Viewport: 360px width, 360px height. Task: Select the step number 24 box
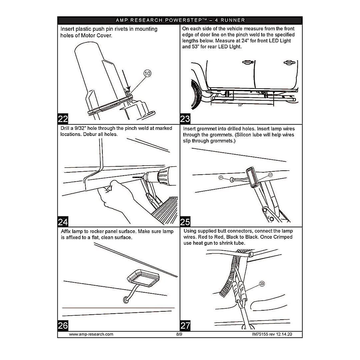(x=63, y=222)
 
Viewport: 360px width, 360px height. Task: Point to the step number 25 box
(x=185, y=222)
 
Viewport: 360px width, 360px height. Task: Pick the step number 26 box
(x=63, y=326)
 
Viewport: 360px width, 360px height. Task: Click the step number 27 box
(x=185, y=326)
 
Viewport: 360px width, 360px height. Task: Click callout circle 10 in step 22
(x=148, y=74)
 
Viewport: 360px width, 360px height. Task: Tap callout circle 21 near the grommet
(x=221, y=178)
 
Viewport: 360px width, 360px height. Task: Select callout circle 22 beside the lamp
(x=270, y=175)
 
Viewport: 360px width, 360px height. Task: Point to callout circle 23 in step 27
(x=262, y=284)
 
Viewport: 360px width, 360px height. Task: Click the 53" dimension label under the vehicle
(x=240, y=105)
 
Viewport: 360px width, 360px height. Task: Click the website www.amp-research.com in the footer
(x=91, y=334)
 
